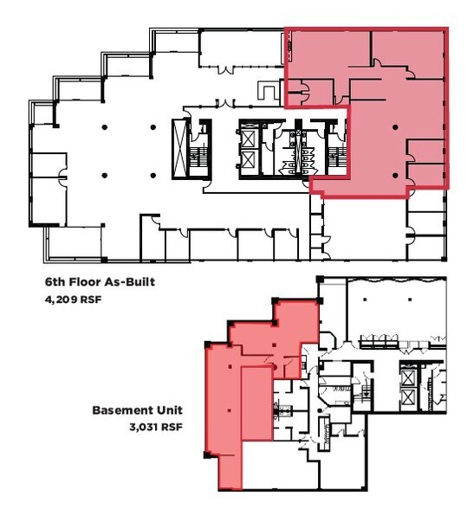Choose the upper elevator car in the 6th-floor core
(x=247, y=136)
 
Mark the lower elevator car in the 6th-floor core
(x=247, y=162)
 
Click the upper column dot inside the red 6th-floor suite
(x=395, y=126)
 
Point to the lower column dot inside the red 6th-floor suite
(x=395, y=175)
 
